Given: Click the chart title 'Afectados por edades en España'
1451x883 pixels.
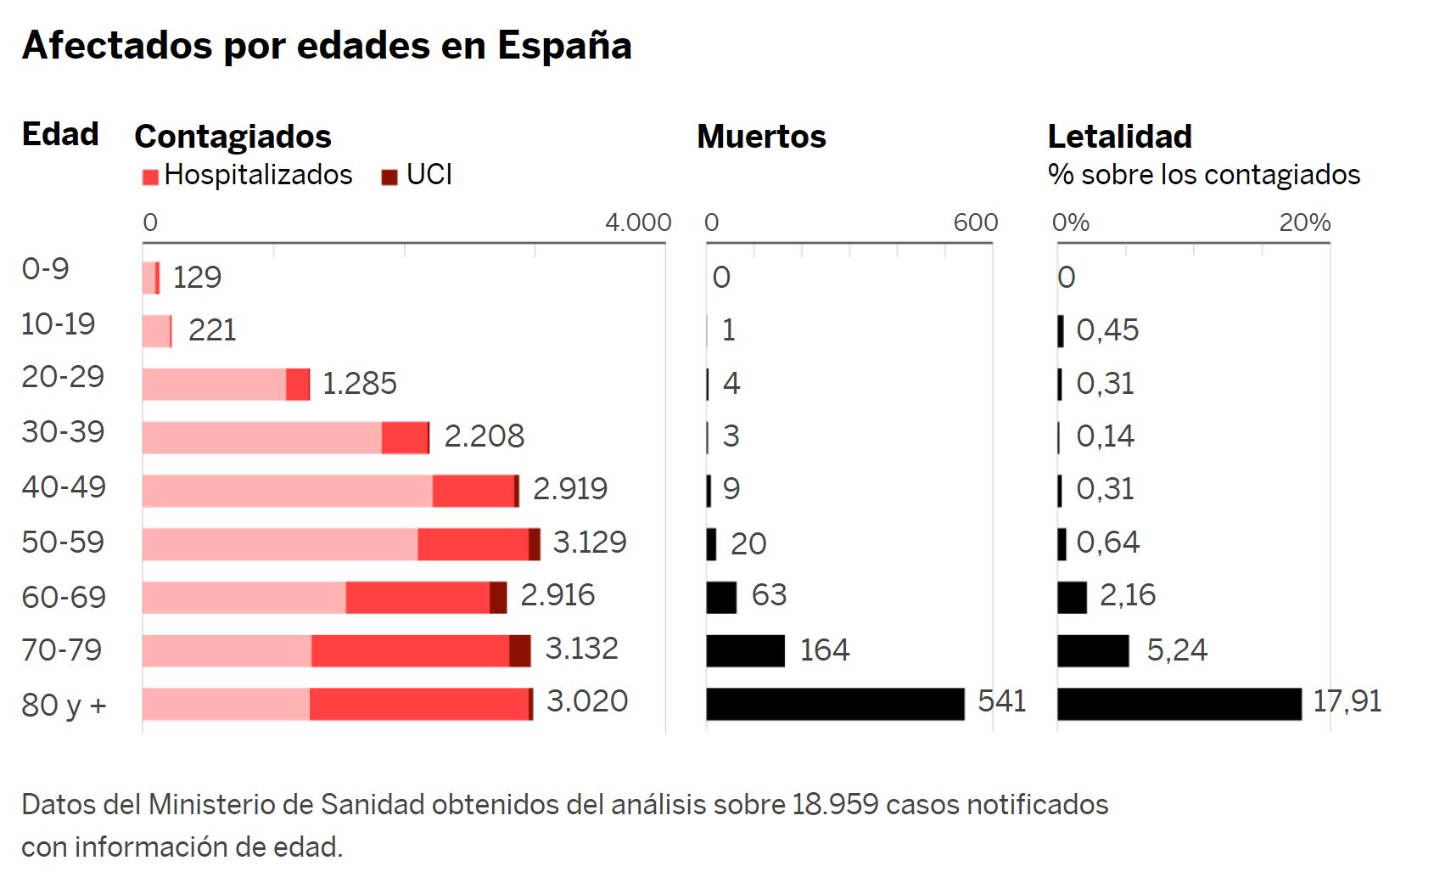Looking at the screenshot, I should (327, 46).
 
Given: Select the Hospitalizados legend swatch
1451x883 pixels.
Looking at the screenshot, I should (151, 177).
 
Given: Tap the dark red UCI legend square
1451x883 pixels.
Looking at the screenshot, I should (389, 177).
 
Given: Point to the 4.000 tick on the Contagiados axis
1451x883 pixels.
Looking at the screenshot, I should (637, 222).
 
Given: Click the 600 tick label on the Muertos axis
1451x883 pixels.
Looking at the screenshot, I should (975, 222).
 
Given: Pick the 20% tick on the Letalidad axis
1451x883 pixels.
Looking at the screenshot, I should (1304, 222).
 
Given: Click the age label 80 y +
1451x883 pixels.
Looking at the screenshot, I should (64, 705).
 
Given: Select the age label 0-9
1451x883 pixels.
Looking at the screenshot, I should (45, 269).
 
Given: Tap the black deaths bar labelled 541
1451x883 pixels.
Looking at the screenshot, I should (835, 704).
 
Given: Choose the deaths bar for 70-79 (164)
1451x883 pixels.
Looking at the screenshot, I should (745, 650).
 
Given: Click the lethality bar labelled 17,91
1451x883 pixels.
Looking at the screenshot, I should (1179, 704).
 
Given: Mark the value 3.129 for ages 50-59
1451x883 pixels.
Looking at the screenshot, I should (590, 542).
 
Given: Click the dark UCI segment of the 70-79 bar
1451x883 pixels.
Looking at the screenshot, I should (520, 650).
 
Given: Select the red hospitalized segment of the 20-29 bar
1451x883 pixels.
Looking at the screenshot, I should (298, 384).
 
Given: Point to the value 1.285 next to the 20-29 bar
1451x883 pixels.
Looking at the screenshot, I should (360, 384).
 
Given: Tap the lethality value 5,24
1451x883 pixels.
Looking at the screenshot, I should (1176, 650).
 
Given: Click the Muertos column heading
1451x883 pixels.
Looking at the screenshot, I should (761, 137).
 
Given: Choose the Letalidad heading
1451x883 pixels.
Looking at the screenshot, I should (1119, 137).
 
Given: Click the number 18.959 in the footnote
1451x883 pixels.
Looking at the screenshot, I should (835, 804).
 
